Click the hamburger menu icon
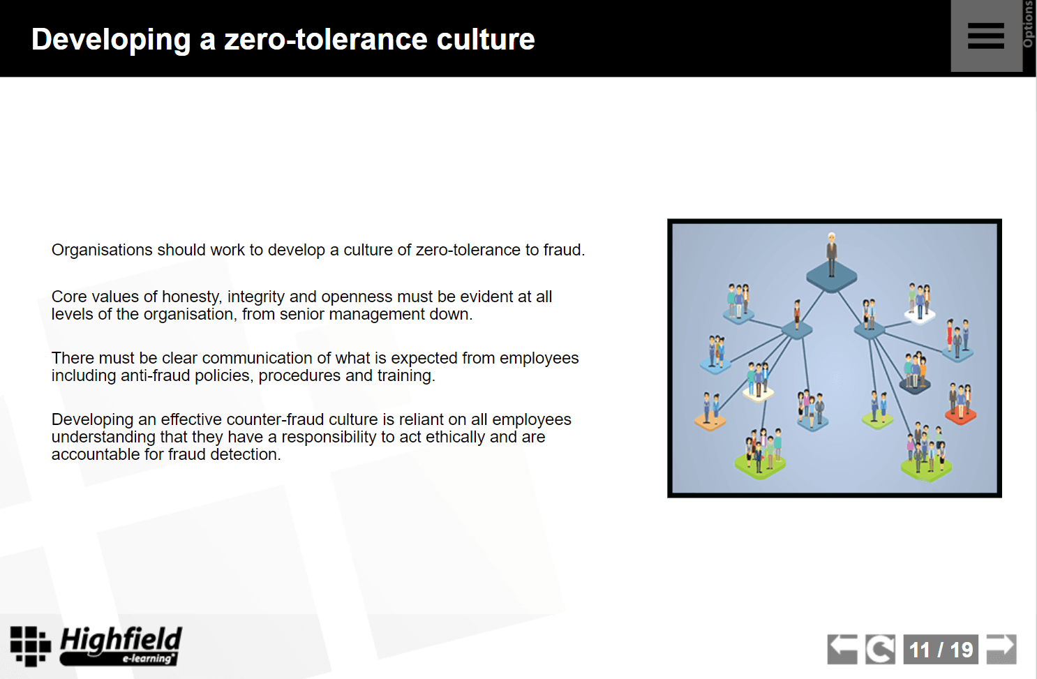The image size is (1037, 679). (x=985, y=36)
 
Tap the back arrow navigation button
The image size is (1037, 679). (x=842, y=649)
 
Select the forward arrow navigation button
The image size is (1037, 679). (x=1001, y=649)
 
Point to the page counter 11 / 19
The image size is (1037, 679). (x=941, y=650)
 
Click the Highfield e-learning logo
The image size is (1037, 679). (x=96, y=646)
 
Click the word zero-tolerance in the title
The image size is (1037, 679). (x=326, y=39)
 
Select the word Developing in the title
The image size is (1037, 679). (x=111, y=40)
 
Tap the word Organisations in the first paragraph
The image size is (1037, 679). (x=102, y=250)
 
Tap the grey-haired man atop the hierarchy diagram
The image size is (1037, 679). (x=832, y=255)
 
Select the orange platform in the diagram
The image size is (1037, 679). (x=710, y=421)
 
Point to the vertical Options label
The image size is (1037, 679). (x=1029, y=24)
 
